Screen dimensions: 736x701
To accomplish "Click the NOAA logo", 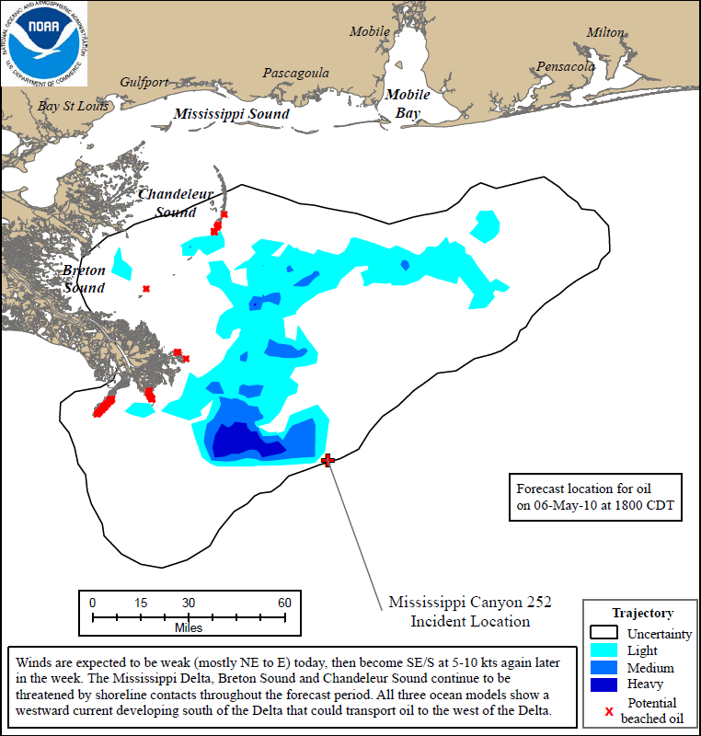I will [44, 44].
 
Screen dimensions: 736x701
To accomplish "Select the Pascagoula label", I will [295, 73].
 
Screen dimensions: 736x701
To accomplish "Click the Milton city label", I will [604, 32].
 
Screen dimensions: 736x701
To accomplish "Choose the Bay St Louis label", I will [74, 106].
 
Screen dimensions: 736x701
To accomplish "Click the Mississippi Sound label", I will [232, 114].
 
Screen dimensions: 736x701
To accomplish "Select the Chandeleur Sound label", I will [167, 203].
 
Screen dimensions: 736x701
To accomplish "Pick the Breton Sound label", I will [84, 279].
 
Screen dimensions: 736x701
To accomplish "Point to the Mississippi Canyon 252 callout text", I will [469, 612].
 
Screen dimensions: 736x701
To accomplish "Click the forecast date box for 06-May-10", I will [596, 497].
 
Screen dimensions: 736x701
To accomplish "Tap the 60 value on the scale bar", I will [284, 603].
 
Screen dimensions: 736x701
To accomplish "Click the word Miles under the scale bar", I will [189, 628].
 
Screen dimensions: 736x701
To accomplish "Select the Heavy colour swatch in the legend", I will [604, 685].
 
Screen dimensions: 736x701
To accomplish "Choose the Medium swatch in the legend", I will [604, 668].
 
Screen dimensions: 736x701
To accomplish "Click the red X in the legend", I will [608, 710].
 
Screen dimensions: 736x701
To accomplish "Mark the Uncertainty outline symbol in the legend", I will [604, 633].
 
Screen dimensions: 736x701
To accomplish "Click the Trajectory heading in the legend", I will [642, 613].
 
